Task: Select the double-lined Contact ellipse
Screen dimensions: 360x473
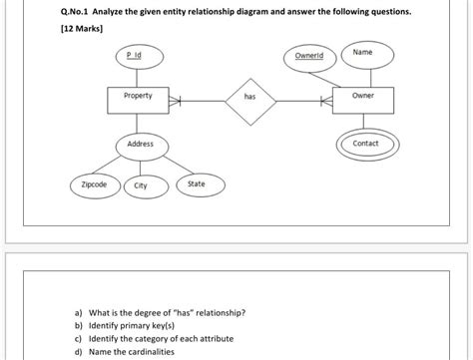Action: click(365, 144)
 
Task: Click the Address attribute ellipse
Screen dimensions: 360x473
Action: click(140, 146)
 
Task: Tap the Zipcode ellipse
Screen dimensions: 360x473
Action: click(94, 185)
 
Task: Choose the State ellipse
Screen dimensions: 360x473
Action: click(197, 183)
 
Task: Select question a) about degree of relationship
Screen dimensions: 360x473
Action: click(160, 312)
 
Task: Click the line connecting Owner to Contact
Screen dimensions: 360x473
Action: click(364, 122)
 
